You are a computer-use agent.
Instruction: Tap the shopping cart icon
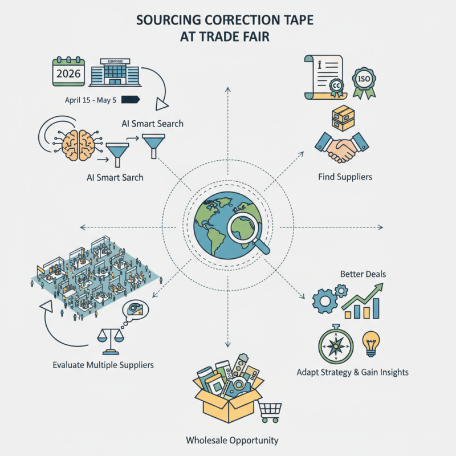(270, 410)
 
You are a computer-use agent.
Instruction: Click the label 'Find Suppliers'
(345, 177)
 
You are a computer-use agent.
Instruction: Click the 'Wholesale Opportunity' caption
(232, 441)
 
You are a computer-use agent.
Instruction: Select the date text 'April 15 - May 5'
(91, 100)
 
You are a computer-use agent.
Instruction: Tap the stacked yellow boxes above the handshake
(343, 118)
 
